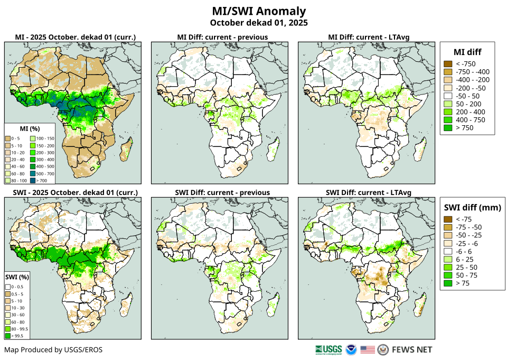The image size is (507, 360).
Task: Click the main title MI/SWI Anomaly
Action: (259, 11)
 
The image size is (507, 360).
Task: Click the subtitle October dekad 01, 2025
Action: (259, 23)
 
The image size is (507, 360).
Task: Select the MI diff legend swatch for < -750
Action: (447, 64)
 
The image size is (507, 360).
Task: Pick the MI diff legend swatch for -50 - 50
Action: (447, 96)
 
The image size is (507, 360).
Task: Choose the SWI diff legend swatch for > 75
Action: (447, 283)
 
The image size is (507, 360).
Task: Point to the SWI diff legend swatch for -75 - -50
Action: (447, 227)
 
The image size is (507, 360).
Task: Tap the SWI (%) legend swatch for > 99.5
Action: (8, 335)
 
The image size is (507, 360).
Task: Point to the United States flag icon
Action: (368, 349)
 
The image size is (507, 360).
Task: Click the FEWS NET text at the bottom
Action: (412, 349)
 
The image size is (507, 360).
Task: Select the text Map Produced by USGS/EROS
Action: (53, 350)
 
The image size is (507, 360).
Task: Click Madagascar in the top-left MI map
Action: (126, 149)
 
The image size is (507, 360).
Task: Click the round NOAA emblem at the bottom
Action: (351, 349)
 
